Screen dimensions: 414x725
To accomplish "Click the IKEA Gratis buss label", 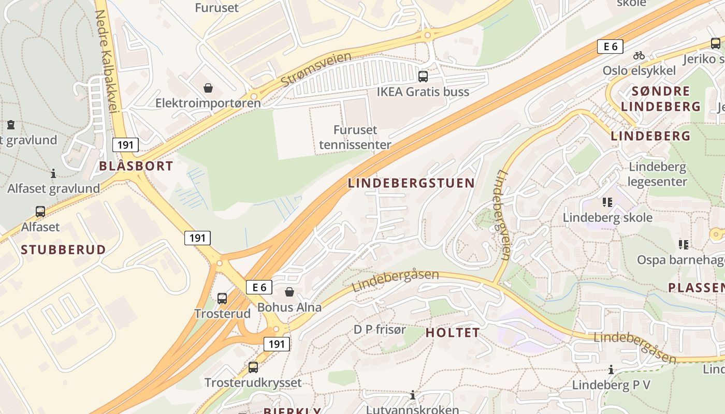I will pyautogui.click(x=423, y=92).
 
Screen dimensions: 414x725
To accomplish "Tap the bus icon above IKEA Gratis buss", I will pyautogui.click(x=423, y=77).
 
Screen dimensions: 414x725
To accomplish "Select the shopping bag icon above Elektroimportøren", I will pyautogui.click(x=208, y=88).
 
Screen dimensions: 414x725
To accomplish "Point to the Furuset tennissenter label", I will pyautogui.click(x=355, y=137).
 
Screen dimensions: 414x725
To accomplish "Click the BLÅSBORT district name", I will pyautogui.click(x=136, y=166).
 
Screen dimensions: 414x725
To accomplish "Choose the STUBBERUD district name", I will pyautogui.click(x=63, y=249).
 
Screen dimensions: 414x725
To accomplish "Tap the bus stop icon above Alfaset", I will pyautogui.click(x=40, y=211).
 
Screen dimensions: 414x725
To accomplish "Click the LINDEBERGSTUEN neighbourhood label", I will pyautogui.click(x=411, y=183).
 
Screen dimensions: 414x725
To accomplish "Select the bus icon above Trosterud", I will pyautogui.click(x=222, y=298).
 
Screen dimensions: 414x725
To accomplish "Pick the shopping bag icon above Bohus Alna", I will pyautogui.click(x=289, y=292).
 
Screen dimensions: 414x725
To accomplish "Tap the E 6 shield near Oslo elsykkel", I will pyautogui.click(x=610, y=47).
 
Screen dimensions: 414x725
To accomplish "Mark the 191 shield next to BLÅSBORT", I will pyautogui.click(x=125, y=144).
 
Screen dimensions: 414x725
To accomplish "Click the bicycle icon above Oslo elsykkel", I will pyautogui.click(x=639, y=55).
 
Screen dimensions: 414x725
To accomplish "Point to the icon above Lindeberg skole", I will pyautogui.click(x=607, y=202).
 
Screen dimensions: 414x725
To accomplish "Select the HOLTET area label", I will pyautogui.click(x=453, y=333).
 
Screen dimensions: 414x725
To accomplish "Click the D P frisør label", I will pyautogui.click(x=380, y=330).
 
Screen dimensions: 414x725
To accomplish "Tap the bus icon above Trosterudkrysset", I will pyautogui.click(x=253, y=367).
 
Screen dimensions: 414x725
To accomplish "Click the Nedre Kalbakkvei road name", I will pyautogui.click(x=108, y=61).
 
